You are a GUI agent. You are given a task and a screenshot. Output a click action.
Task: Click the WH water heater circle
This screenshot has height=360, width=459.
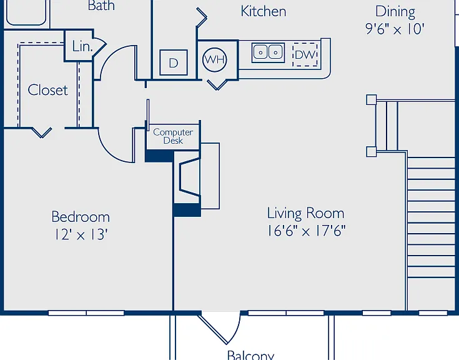pos(215,60)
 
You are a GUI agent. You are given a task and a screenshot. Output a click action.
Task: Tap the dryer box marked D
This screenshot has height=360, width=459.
pos(174,62)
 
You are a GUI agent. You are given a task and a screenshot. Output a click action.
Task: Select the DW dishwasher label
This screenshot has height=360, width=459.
pos(305,55)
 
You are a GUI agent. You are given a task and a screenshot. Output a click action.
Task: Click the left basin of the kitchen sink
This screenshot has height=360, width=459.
pos(260,52)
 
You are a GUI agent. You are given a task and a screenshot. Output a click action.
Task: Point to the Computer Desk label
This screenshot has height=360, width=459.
pos(173,136)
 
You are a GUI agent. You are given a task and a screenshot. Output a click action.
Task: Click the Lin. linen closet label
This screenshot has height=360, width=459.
pos(82,46)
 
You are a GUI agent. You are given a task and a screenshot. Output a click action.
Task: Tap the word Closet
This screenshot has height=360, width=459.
pos(47,90)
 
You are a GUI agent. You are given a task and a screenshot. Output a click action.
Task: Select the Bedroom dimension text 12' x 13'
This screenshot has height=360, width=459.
pos(81,234)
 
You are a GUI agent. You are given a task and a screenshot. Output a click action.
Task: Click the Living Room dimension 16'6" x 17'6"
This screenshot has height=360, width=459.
pos(306,231)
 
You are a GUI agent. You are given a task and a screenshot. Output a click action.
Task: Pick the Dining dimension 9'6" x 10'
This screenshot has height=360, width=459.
pos(395,29)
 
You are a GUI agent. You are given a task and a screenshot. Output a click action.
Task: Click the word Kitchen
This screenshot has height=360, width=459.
pos(264,11)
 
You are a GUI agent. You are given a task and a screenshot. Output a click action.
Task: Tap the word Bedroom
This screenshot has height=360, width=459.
pos(81,217)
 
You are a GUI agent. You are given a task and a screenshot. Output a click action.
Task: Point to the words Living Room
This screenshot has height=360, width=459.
pos(305,213)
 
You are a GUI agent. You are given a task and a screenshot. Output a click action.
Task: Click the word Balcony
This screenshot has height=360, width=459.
pos(250,355)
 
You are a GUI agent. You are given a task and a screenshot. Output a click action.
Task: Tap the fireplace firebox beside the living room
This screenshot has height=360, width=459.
pos(190,176)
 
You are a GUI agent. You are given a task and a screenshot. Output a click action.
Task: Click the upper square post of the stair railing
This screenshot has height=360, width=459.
pos(372,99)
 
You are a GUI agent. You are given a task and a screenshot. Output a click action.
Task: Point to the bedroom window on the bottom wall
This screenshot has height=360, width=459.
pos(86,313)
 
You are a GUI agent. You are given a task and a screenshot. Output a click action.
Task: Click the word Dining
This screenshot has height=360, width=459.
pos(395,12)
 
